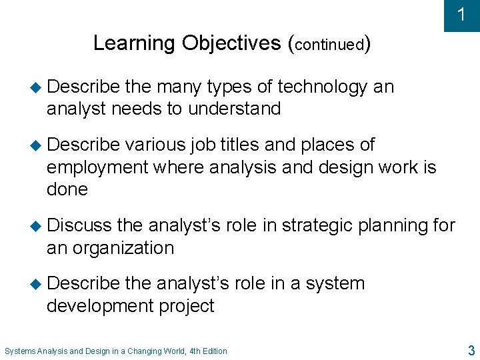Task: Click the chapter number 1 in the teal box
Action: [x=461, y=15]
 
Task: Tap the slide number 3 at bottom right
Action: [x=471, y=350]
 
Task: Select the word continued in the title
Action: [x=329, y=45]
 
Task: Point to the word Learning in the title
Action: [x=135, y=43]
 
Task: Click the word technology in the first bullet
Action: [x=322, y=87]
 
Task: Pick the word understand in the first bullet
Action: [x=234, y=109]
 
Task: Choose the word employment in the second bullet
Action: [x=97, y=167]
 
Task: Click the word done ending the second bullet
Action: [x=67, y=189]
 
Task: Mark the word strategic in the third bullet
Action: [x=317, y=226]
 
